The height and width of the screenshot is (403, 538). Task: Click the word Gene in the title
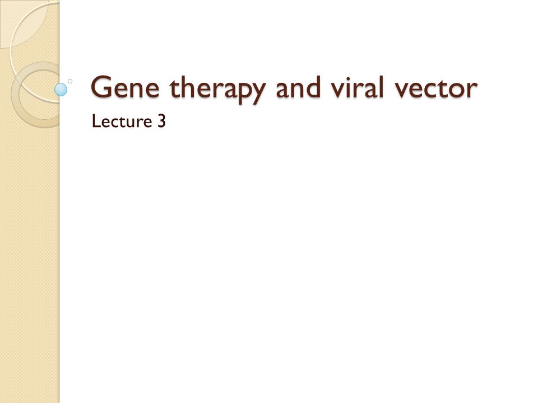(x=125, y=87)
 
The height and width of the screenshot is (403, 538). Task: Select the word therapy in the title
(x=217, y=89)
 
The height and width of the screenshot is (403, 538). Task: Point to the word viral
(x=357, y=87)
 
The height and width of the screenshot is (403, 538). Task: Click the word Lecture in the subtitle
(x=122, y=121)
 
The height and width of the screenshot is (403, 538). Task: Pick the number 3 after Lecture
(x=161, y=121)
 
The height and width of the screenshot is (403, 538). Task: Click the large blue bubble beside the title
(x=61, y=90)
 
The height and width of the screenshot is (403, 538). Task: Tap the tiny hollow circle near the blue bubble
(x=70, y=81)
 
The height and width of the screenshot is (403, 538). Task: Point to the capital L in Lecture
(x=96, y=121)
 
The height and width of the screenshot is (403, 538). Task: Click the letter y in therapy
(x=257, y=92)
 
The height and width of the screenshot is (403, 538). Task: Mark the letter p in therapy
(x=238, y=92)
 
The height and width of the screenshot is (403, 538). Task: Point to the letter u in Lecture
(x=132, y=123)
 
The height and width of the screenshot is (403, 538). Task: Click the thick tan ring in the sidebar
(x=15, y=95)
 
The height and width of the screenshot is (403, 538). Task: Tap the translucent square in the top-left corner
(x=24, y=24)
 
